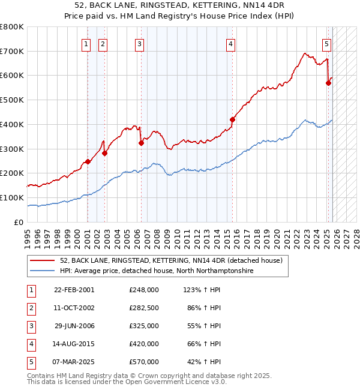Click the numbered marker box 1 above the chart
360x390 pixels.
(x=86, y=43)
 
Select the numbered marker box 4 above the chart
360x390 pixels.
(x=230, y=43)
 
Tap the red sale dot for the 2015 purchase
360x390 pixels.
(x=232, y=119)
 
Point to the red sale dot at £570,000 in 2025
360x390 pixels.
(x=329, y=83)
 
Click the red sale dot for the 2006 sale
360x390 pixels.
(x=141, y=143)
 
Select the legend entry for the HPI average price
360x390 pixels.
(x=156, y=271)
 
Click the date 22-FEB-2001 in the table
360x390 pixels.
(x=74, y=290)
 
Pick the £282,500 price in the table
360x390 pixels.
(x=143, y=308)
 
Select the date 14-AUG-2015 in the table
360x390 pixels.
(x=74, y=344)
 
